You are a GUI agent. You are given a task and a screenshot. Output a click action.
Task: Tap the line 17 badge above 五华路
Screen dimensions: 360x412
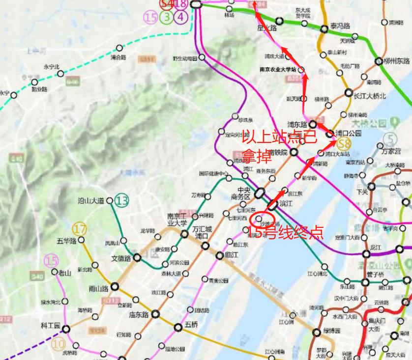[x=79, y=228]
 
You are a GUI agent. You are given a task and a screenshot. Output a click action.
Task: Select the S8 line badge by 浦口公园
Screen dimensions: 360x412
[x=344, y=144]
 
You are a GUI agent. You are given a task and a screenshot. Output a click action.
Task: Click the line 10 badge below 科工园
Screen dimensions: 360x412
[x=59, y=344]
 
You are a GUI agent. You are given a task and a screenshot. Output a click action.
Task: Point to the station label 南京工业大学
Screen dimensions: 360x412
[x=177, y=219]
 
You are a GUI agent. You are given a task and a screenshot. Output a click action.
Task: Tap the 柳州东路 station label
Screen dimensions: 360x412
[x=397, y=61]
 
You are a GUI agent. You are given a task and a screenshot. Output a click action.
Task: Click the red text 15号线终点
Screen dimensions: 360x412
[x=285, y=232]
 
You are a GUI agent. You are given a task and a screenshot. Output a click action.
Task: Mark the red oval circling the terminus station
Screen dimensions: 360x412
[x=259, y=217]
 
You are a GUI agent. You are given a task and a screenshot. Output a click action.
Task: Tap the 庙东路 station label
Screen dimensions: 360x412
[x=139, y=315]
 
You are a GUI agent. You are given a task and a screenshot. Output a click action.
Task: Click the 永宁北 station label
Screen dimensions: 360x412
[x=51, y=67]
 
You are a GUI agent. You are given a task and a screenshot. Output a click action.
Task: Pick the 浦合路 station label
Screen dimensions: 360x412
[x=118, y=57]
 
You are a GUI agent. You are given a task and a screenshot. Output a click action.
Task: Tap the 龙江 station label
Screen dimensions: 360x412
[x=376, y=247]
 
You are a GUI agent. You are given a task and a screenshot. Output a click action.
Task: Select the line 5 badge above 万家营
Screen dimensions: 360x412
[x=390, y=138]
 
